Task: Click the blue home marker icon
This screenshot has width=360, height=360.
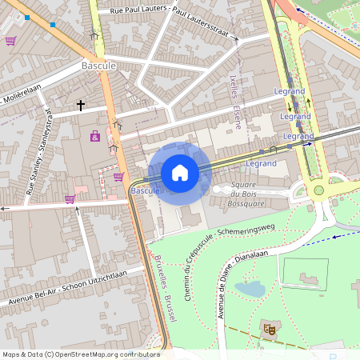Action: click(180, 172)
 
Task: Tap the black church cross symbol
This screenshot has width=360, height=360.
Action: click(80, 105)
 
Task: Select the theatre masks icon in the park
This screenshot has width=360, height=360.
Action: click(268, 327)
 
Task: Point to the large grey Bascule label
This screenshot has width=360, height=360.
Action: click(99, 64)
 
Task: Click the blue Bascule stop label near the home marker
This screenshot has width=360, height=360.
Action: click(145, 192)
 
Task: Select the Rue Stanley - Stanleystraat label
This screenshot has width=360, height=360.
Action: click(38, 152)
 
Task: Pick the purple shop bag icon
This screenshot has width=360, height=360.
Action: click(95, 137)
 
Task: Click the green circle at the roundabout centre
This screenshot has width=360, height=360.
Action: click(318, 190)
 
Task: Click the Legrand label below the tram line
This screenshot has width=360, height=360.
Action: click(261, 163)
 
